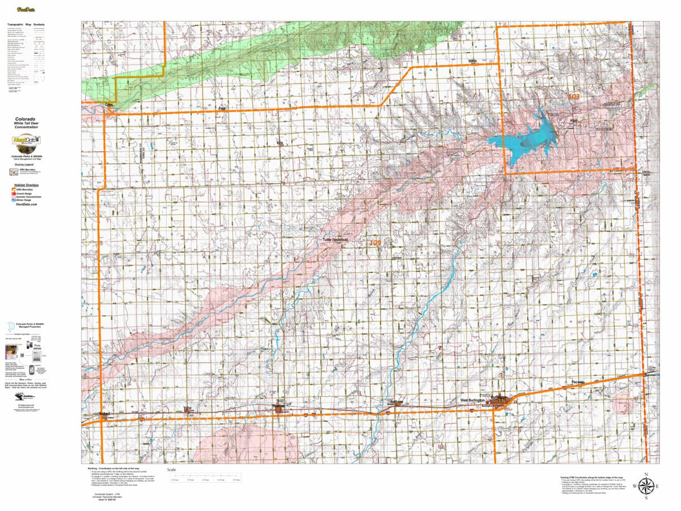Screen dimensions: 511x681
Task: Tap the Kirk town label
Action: [x=279, y=143]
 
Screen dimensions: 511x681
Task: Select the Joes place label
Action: [x=222, y=107]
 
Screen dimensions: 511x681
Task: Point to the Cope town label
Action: [x=110, y=104]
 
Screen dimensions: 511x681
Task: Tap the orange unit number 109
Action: [x=375, y=243]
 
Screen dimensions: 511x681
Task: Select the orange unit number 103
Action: [x=574, y=97]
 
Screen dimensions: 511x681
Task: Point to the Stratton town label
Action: [x=278, y=406]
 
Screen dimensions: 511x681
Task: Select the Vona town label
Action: [x=188, y=408]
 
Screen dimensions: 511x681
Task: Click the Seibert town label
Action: [x=104, y=414]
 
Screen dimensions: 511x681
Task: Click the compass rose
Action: [x=646, y=486]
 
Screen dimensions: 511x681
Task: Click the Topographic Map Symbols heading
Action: [x=33, y=25]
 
